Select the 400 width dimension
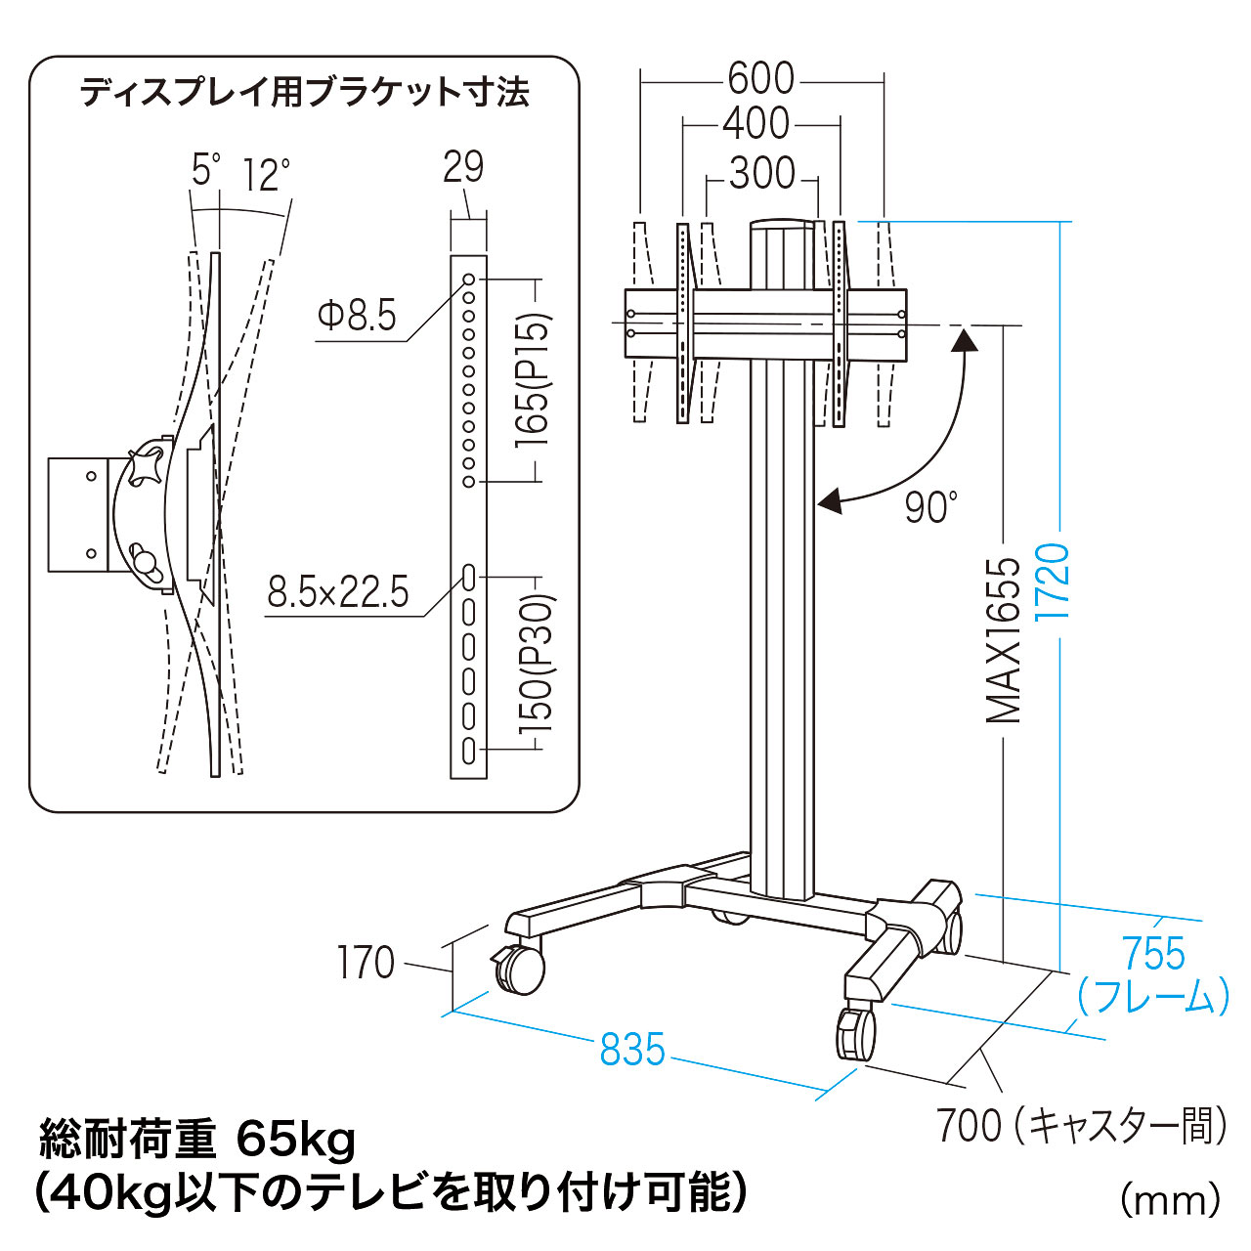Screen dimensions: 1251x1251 tap(755, 125)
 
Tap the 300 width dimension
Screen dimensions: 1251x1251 tap(761, 174)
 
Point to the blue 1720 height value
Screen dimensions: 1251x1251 tap(1055, 581)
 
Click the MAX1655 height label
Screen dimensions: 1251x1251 tap(1004, 640)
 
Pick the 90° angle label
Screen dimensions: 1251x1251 tap(929, 507)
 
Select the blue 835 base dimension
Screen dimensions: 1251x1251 tap(632, 1050)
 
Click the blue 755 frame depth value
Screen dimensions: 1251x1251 tap(1153, 954)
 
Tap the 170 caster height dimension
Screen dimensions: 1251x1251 tap(366, 963)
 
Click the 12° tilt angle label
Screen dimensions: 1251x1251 tap(266, 176)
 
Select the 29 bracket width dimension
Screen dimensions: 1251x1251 tap(463, 167)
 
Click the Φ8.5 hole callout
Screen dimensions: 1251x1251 tap(357, 316)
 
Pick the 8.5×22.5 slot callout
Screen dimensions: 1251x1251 tap(338, 592)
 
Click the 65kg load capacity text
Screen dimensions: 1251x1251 tap(296, 1140)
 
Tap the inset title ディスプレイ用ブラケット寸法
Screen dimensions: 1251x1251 tap(304, 93)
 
